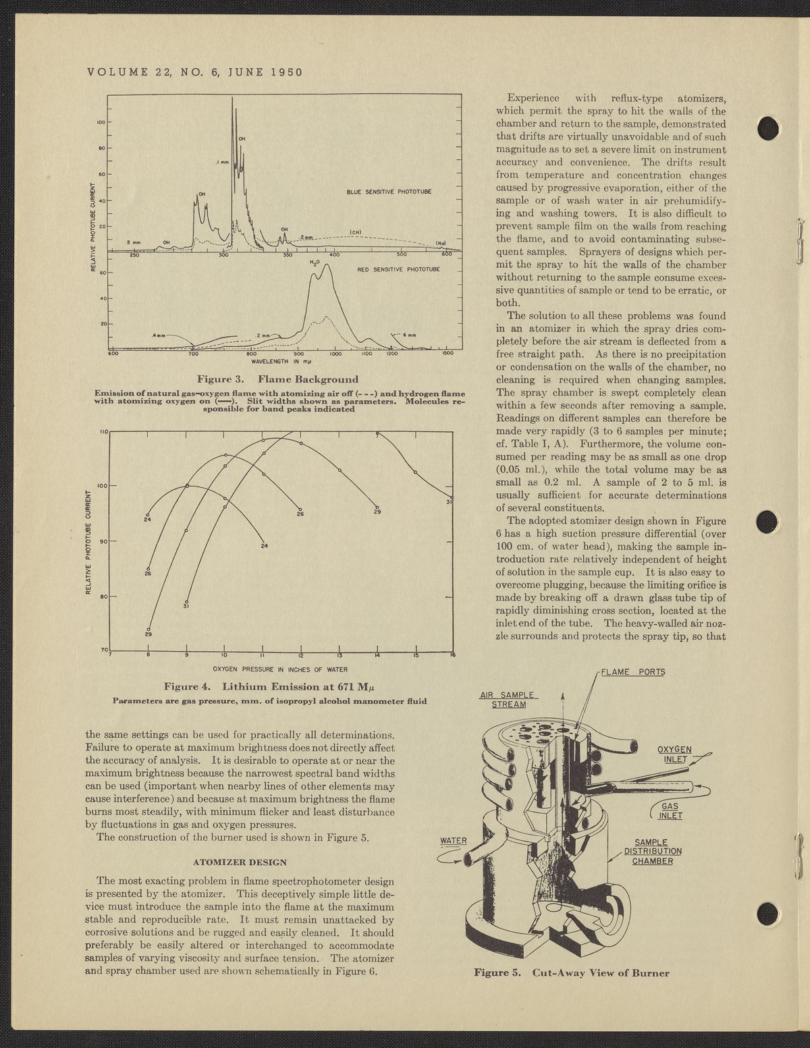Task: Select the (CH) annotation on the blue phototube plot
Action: pyautogui.click(x=356, y=232)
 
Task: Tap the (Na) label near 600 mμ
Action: pyautogui.click(x=441, y=243)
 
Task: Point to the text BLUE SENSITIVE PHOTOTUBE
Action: pyautogui.click(x=389, y=192)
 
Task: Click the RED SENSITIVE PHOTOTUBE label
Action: pyautogui.click(x=398, y=269)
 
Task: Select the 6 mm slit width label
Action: pyautogui.click(x=410, y=335)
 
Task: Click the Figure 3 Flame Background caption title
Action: pyautogui.click(x=277, y=379)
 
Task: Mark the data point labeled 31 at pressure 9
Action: pyautogui.click(x=187, y=602)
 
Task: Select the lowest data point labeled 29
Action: pyautogui.click(x=148, y=630)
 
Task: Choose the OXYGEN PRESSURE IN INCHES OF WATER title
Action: pyautogui.click(x=279, y=669)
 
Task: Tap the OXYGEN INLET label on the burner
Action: pyautogui.click(x=678, y=754)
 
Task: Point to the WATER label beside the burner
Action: pyautogui.click(x=454, y=841)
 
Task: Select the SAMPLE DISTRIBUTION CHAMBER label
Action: pyautogui.click(x=652, y=852)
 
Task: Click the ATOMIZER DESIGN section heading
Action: pyautogui.click(x=240, y=862)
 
